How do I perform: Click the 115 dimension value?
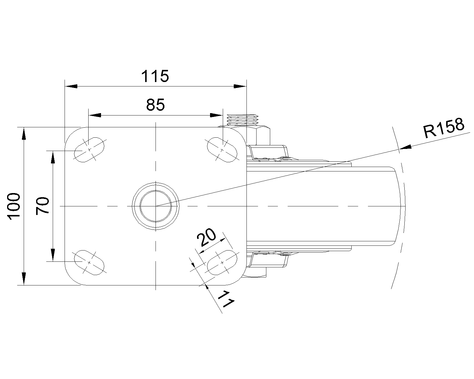click(155, 76)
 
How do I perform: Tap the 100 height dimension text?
click(14, 206)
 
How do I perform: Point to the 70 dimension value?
click(42, 206)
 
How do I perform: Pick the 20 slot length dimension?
click(207, 238)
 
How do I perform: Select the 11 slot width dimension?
click(227, 300)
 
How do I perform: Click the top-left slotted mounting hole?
click(89, 150)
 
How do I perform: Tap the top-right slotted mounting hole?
click(222, 150)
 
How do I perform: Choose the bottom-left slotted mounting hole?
click(89, 262)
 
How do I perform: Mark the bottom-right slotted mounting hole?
click(222, 262)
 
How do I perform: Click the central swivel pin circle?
click(156, 206)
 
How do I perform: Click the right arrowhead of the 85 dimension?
click(216, 115)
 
